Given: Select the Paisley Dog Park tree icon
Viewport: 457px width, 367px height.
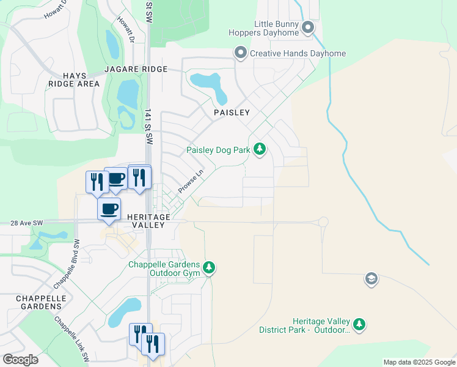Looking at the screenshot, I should (x=260, y=149).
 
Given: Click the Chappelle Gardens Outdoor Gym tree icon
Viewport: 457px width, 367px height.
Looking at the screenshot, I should (x=210, y=268).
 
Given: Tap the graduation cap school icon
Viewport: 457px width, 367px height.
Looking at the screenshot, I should (x=371, y=280).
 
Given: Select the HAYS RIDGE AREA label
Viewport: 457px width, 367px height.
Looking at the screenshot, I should (x=73, y=79).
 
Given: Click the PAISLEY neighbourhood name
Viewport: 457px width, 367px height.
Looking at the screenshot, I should (x=232, y=113).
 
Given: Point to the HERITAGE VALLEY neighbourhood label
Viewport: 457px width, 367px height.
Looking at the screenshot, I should (x=147, y=221).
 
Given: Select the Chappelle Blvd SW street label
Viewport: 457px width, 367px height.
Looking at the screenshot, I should (x=67, y=264).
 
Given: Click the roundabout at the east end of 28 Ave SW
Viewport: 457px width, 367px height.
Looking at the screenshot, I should (x=323, y=222).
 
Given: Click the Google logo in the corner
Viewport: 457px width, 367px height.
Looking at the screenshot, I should (x=20, y=360).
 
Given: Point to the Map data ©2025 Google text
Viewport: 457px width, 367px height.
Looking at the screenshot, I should (x=419, y=362).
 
